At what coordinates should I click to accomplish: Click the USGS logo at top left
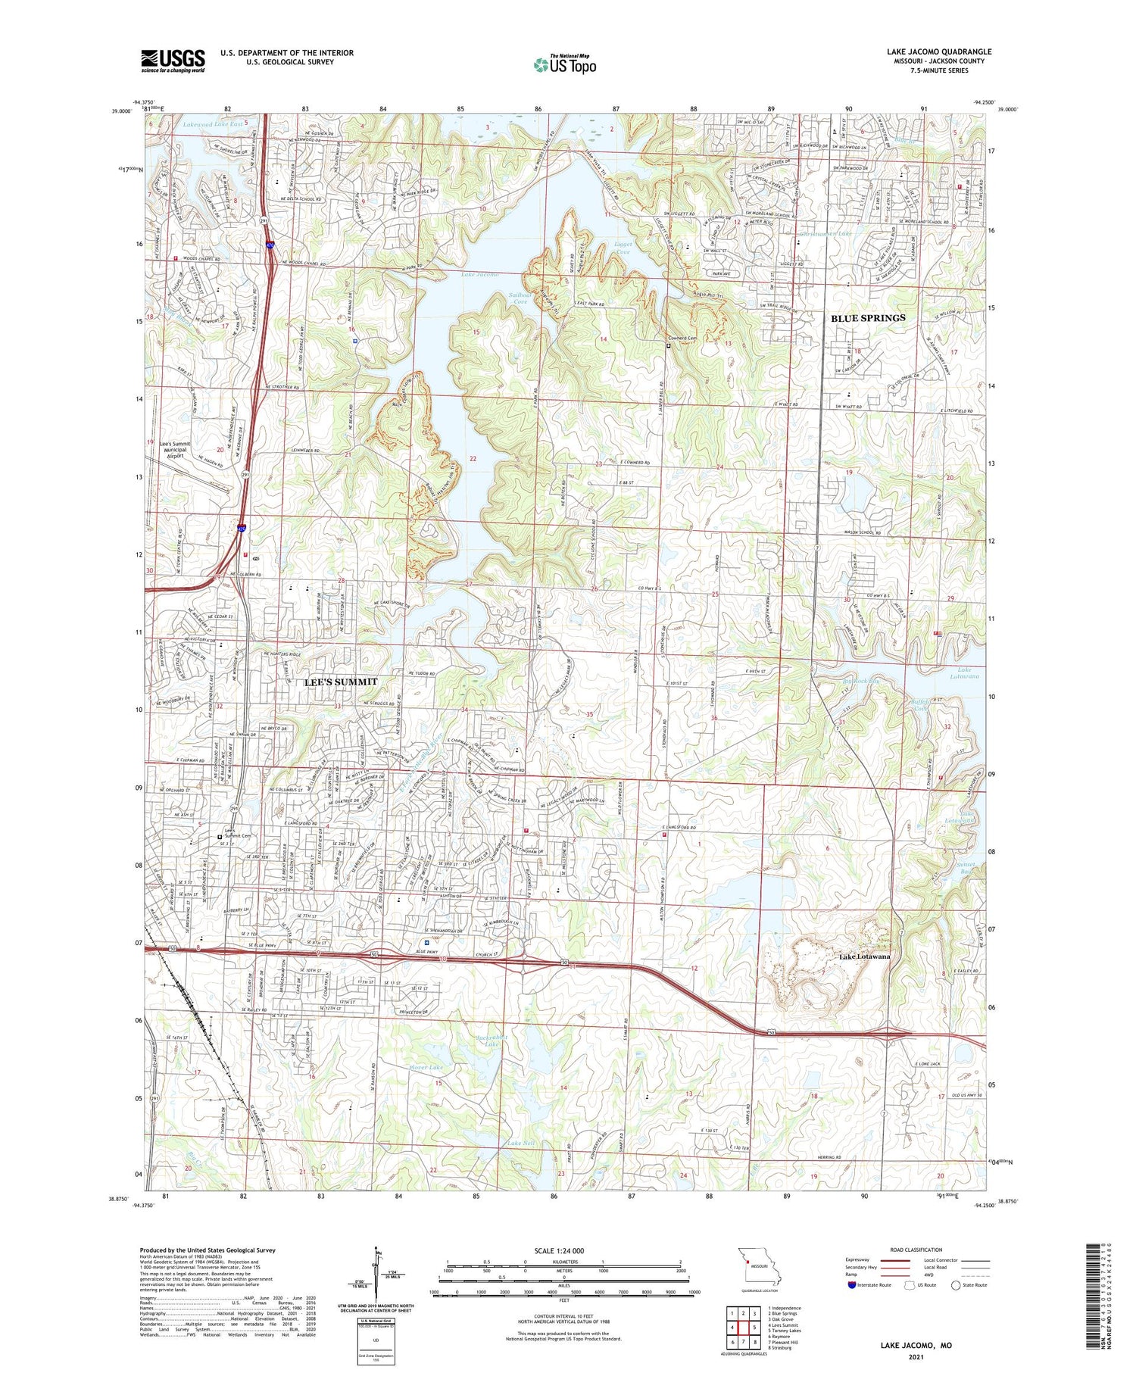(x=173, y=61)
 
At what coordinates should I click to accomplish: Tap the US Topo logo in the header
(x=564, y=65)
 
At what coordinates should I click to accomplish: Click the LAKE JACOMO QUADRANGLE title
(x=939, y=52)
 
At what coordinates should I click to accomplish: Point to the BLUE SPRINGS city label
(x=868, y=318)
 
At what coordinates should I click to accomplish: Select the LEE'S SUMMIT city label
(x=341, y=682)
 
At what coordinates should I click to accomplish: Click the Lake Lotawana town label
(x=864, y=956)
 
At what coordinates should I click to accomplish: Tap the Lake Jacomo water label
(x=480, y=274)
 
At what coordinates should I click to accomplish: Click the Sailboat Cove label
(x=520, y=298)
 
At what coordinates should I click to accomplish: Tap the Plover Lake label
(x=426, y=1067)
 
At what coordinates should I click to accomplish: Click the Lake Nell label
(x=521, y=1142)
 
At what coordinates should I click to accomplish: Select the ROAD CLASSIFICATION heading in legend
(x=916, y=1250)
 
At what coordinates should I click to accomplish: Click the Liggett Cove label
(x=623, y=248)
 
